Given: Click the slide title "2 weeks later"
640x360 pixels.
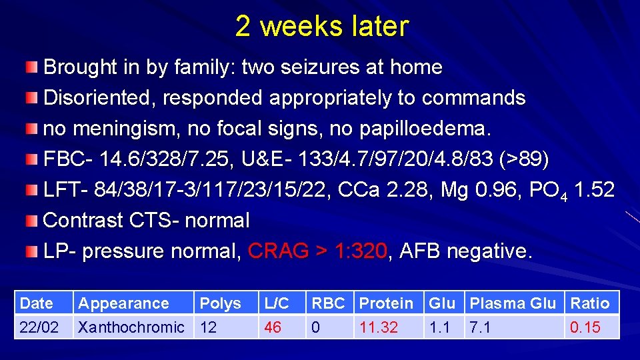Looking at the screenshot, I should (x=321, y=27).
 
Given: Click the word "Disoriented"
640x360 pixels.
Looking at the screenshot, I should (x=100, y=98).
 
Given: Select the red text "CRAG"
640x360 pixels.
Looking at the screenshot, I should (x=278, y=251).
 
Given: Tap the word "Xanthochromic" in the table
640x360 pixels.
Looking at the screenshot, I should (x=131, y=327).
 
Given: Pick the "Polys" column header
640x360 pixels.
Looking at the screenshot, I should (x=220, y=303).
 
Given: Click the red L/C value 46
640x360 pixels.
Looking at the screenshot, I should (x=272, y=327).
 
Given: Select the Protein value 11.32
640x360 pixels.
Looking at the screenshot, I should (x=379, y=327).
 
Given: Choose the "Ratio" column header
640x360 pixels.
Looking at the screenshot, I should (x=589, y=303).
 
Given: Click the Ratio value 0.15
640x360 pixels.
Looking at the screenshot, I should (x=585, y=327).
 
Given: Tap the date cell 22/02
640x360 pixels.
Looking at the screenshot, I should (x=38, y=327).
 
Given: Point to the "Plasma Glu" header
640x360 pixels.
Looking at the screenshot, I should (x=512, y=303).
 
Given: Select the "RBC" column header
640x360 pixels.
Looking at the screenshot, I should (x=328, y=303).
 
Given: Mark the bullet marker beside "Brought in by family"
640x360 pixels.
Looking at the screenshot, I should (x=33, y=67).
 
